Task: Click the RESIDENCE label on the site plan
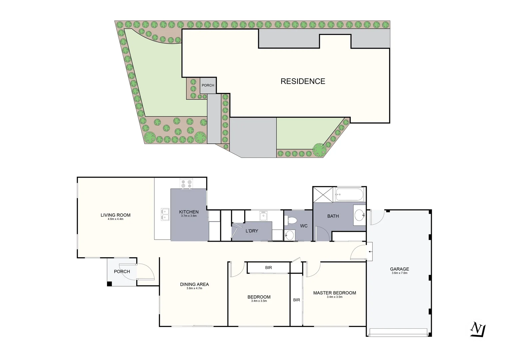pyautogui.click(x=302, y=81)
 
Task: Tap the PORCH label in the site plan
pyautogui.click(x=208, y=85)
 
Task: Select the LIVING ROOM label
pyautogui.click(x=116, y=215)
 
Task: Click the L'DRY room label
pyautogui.click(x=252, y=231)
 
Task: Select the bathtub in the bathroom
pyautogui.click(x=350, y=195)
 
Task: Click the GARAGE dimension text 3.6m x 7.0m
pyautogui.click(x=399, y=273)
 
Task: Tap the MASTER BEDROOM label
pyautogui.click(x=334, y=293)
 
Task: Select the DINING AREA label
pyautogui.click(x=194, y=284)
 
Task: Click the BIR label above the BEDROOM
pyautogui.click(x=268, y=268)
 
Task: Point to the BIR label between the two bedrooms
pyautogui.click(x=296, y=300)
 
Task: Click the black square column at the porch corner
pyautogui.click(x=109, y=284)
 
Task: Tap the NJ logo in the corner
pyautogui.click(x=478, y=329)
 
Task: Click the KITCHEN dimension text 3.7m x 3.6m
pyautogui.click(x=189, y=216)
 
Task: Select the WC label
pyautogui.click(x=304, y=226)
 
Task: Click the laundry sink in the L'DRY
pyautogui.click(x=263, y=216)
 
